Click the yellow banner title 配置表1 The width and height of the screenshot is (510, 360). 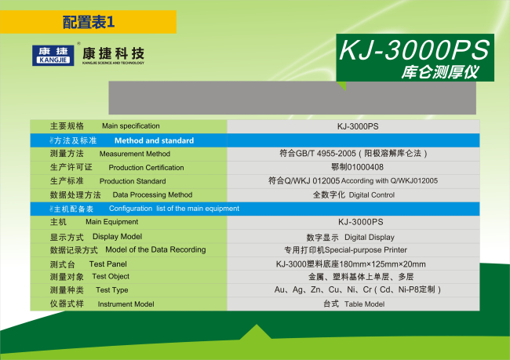89,22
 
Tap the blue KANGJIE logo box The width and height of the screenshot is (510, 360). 53,55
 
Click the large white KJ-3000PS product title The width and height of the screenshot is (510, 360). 414,49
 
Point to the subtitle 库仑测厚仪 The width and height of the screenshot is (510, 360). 440,72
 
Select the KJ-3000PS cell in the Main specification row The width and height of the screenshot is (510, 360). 358,126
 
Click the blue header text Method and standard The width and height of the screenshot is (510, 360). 154,140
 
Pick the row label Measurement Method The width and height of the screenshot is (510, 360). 135,154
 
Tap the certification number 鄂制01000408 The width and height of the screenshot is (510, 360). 357,167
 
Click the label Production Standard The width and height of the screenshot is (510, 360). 133,181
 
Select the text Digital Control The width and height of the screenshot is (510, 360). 372,195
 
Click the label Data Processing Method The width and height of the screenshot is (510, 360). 152,195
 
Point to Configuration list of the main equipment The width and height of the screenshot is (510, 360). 174,209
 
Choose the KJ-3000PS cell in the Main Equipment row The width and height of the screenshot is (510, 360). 361,222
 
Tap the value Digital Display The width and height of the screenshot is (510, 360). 370,238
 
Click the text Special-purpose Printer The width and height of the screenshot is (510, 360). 366,249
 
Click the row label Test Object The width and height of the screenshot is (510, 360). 111,276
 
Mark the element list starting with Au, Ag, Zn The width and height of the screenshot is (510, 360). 358,289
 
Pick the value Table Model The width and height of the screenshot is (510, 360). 364,304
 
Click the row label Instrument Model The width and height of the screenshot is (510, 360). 126,304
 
